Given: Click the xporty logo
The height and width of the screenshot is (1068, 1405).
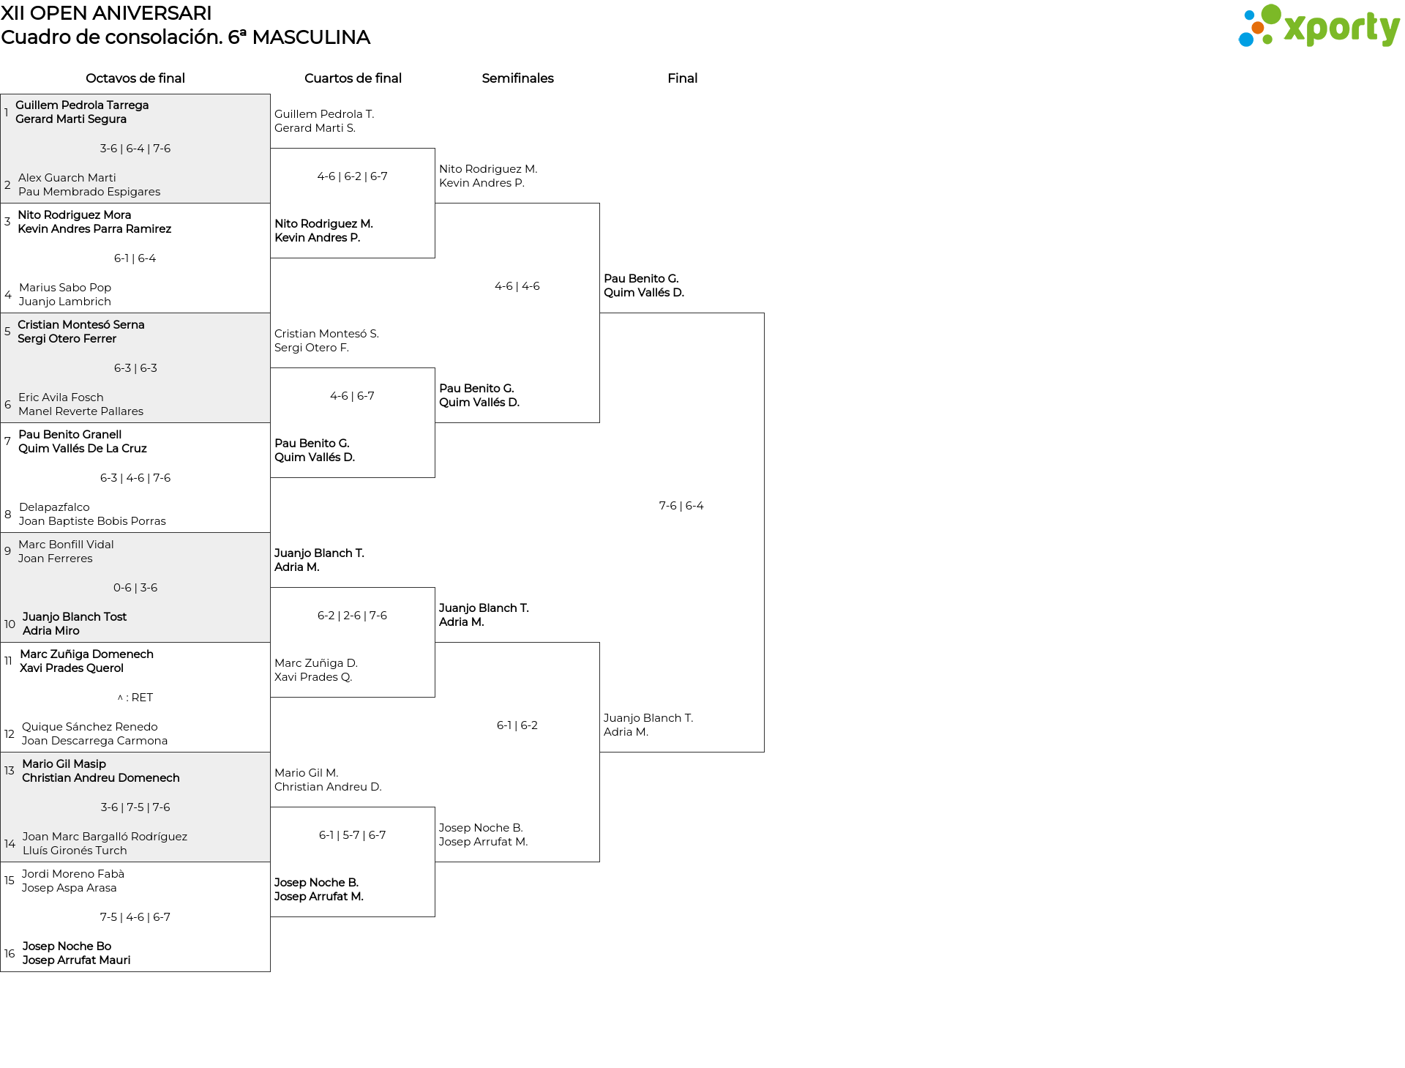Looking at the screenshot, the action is [x=1319, y=26].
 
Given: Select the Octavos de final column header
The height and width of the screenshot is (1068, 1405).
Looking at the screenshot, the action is [x=135, y=78].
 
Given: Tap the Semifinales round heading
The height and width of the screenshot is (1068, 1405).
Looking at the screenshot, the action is [x=517, y=78].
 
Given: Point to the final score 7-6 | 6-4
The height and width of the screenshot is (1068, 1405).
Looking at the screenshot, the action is [x=681, y=506].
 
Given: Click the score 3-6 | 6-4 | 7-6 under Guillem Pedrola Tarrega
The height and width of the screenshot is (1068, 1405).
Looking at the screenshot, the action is [x=135, y=149].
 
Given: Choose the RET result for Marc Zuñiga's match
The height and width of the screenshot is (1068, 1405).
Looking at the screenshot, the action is [x=135, y=698].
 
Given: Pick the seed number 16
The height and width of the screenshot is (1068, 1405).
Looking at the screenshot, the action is [x=10, y=953].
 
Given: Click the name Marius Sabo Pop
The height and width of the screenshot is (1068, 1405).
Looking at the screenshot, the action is [x=65, y=288].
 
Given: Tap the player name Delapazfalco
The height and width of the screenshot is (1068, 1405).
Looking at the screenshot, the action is [x=54, y=507].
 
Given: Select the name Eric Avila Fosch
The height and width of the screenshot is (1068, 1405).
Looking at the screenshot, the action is [x=61, y=397].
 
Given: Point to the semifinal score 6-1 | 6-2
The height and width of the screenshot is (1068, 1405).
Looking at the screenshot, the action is [x=517, y=725].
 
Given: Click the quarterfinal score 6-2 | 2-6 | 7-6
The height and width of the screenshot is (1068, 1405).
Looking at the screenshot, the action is [x=352, y=616].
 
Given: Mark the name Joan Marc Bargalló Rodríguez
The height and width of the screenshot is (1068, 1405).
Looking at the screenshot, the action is [x=105, y=837].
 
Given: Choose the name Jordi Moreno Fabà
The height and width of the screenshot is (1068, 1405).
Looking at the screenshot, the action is [x=73, y=873].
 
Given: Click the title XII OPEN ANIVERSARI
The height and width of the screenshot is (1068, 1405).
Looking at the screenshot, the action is [x=106, y=13].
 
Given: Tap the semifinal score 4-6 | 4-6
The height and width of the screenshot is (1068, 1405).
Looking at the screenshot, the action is [x=517, y=286].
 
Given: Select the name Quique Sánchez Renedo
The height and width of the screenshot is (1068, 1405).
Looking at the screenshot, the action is [x=90, y=727].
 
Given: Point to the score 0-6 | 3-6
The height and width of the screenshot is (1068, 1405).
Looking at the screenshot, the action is [x=135, y=588].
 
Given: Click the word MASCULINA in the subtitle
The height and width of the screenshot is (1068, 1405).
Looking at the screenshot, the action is [x=311, y=37].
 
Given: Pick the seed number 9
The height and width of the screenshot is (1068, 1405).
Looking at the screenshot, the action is [x=7, y=550].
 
